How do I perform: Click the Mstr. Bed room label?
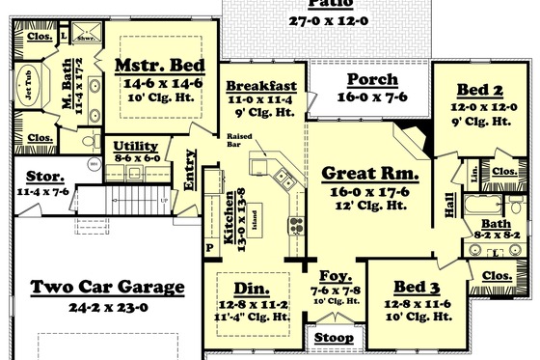pyautogui.click(x=157, y=66)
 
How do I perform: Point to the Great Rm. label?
pyautogui.click(x=369, y=174)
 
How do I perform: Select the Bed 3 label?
pyautogui.click(x=418, y=289)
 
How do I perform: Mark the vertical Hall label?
pyautogui.click(x=448, y=205)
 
